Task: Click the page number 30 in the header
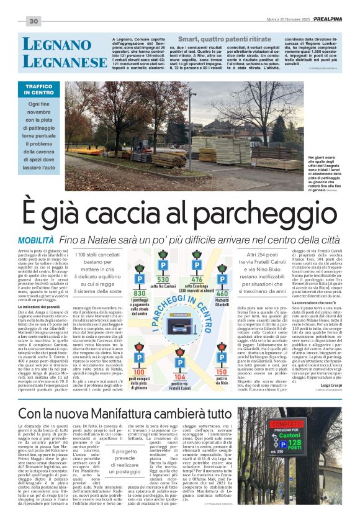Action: coord(34,22)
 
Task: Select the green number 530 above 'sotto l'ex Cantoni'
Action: coord(163,280)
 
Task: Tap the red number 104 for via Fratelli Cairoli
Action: coord(180,360)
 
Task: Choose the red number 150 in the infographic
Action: coord(221,354)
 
